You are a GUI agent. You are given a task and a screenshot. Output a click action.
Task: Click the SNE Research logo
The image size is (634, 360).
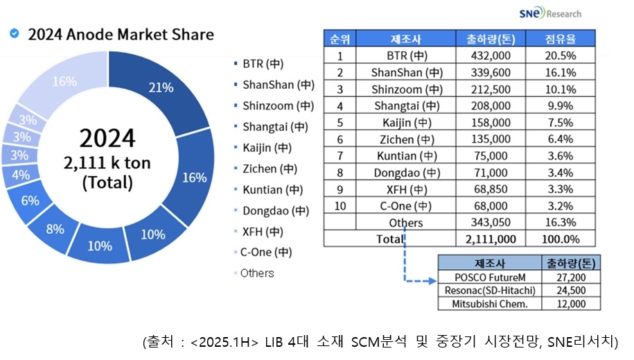pos(549,13)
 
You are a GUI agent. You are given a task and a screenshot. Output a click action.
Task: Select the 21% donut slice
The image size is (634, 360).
pos(160,88)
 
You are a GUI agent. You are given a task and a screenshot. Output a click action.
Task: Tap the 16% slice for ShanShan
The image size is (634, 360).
pos(194,177)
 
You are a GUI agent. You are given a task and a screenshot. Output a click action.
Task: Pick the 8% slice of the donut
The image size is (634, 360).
pos(55,230)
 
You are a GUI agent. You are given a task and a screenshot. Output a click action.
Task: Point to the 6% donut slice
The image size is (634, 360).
pos(30,200)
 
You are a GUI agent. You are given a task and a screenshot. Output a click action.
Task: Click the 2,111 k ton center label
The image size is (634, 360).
pos(107,164)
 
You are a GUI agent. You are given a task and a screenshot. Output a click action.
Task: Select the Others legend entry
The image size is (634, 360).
pos(256,273)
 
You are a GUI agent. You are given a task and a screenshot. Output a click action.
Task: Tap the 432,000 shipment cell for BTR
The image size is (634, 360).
pos(491,55)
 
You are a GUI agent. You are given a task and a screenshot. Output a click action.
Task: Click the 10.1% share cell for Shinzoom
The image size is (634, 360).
pos(561,89)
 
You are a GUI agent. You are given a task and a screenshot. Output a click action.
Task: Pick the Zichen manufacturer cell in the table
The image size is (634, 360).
pos(406,139)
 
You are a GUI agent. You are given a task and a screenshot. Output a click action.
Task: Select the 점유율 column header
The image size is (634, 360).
pos(561,38)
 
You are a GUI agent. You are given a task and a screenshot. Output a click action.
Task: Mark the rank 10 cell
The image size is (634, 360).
pos(340,206)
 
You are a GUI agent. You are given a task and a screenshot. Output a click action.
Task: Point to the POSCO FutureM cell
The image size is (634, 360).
pos(487,277)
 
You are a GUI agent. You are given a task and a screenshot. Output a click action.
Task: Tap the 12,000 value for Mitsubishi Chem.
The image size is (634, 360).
pos(570,303)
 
